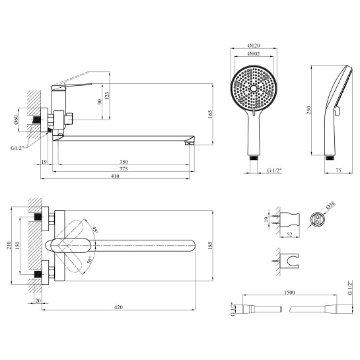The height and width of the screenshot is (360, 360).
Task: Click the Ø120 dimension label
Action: tap(254, 46)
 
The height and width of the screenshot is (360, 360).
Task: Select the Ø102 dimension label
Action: tap(254, 54)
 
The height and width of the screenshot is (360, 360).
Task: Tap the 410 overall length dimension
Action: tap(115, 176)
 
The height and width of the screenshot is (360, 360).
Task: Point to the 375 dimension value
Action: tap(124, 169)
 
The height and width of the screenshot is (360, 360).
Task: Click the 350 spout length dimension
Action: tap(124, 162)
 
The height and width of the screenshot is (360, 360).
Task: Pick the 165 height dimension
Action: tap(210, 114)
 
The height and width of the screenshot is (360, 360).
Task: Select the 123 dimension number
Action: tap(107, 96)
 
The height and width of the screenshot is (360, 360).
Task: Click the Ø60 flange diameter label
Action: tap(16, 120)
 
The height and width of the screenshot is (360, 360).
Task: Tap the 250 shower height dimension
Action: tap(308, 110)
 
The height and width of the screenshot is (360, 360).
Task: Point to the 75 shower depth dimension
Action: tap(338, 170)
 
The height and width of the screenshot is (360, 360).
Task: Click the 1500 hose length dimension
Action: tap(289, 293)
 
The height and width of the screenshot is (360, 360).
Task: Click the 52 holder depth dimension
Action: tap(290, 234)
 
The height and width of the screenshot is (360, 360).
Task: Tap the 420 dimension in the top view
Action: tap(118, 307)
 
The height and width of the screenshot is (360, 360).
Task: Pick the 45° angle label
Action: tap(95, 229)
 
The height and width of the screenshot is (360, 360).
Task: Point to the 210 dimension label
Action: tap(9, 246)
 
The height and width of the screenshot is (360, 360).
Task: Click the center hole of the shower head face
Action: tap(254, 89)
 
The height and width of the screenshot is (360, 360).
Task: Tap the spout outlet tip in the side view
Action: tap(188, 144)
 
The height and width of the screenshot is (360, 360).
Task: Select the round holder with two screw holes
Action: tap(317, 219)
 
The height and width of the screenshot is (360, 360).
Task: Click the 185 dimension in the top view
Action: tap(210, 246)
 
